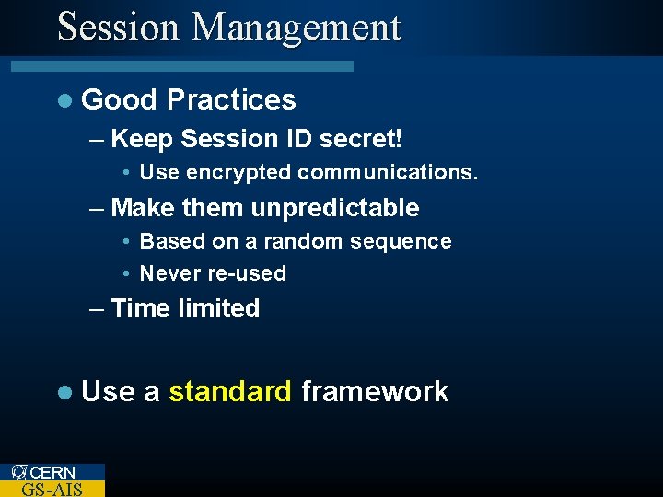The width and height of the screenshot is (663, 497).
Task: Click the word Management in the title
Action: (297, 29)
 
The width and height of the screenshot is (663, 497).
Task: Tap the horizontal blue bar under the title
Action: (181, 66)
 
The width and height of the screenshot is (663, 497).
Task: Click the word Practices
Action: (232, 99)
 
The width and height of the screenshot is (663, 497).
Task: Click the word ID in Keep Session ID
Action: (299, 139)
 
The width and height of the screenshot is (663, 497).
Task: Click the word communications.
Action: (388, 173)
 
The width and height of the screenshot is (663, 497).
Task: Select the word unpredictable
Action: (335, 208)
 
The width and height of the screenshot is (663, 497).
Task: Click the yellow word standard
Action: (230, 392)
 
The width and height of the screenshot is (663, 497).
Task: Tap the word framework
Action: (375, 392)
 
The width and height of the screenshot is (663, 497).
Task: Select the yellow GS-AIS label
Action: (52, 489)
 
